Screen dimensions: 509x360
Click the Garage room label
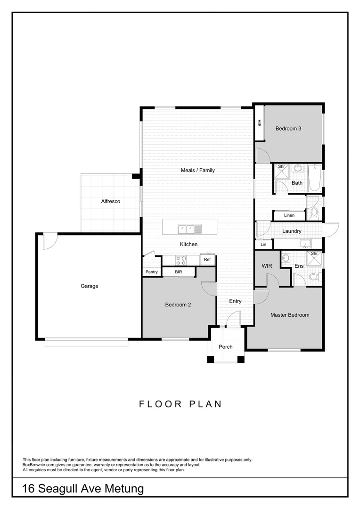(x=89, y=286)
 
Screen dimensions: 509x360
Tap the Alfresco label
(x=111, y=201)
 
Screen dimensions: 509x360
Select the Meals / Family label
(x=197, y=170)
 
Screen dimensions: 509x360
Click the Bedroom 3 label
(x=288, y=128)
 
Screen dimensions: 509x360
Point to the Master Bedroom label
(x=290, y=315)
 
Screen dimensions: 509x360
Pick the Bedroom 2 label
(x=178, y=304)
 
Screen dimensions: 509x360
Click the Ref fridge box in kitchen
(x=207, y=260)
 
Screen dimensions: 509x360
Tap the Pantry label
(x=151, y=272)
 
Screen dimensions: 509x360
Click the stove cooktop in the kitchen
(x=181, y=260)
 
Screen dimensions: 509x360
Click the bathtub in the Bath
(x=314, y=178)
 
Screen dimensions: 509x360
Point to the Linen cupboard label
(x=289, y=215)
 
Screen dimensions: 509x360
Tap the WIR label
(x=267, y=266)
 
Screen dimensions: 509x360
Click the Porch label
(x=226, y=347)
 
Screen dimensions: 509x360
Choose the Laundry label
(x=292, y=231)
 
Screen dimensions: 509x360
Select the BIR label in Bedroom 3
(x=259, y=123)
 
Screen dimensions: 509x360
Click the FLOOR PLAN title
(x=180, y=404)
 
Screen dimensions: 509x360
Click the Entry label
(x=235, y=301)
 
